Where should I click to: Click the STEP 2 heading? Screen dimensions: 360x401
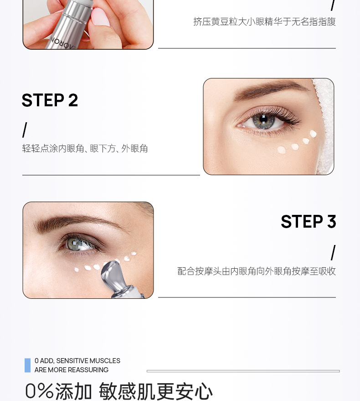50,100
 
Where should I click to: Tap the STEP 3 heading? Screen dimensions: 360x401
309,221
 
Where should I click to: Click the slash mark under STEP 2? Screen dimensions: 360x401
25,130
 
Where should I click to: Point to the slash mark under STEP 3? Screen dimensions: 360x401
333,253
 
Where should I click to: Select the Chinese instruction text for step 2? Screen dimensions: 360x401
85,149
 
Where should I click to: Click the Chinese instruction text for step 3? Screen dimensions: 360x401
257,271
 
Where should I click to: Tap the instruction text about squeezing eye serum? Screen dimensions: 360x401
264,22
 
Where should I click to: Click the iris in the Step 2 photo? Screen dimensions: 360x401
263,120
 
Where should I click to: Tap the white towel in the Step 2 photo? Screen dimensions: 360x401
324,123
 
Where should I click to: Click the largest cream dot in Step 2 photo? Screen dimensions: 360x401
282,150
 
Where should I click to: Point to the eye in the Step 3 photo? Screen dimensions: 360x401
79,243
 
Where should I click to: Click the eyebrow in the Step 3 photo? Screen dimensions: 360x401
77,222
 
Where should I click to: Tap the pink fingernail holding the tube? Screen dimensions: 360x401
100,17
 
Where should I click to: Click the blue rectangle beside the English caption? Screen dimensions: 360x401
28,365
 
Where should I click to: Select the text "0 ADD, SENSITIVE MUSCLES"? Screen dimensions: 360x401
77,360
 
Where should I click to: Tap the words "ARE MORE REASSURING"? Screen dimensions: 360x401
72,370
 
